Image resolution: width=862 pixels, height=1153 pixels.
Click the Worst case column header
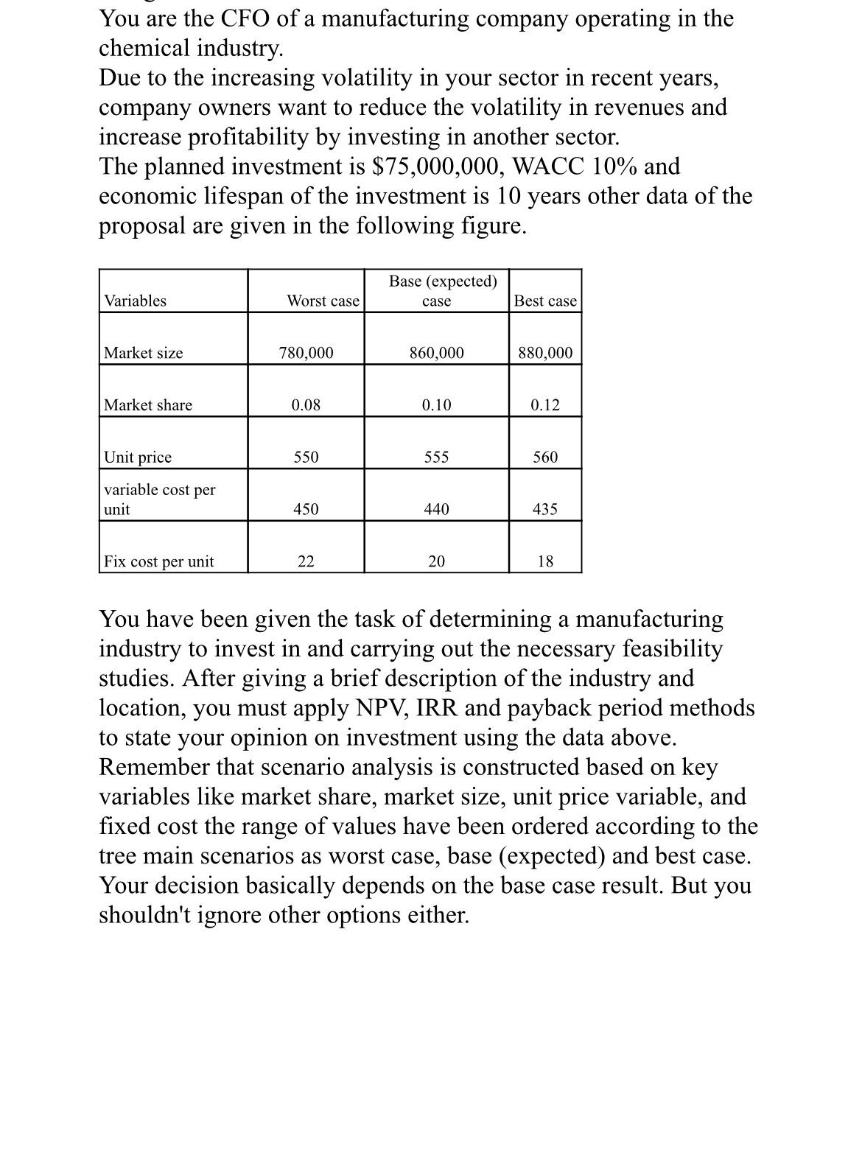(323, 301)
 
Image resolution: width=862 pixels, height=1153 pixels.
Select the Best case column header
(545, 301)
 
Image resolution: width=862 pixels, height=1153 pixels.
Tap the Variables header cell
(136, 301)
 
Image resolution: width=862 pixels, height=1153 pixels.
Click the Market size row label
(144, 353)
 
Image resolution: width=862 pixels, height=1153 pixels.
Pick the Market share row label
(148, 405)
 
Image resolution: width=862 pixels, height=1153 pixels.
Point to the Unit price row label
(138, 458)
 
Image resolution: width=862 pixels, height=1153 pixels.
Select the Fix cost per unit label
(159, 561)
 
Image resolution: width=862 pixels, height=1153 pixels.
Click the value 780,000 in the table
(306, 353)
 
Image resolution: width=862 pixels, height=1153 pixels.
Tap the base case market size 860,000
(437, 353)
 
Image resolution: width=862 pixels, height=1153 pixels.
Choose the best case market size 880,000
(545, 353)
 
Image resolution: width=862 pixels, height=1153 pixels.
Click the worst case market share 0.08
(306, 405)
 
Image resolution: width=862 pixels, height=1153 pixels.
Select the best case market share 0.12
(545, 405)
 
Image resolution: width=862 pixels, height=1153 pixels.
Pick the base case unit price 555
(437, 458)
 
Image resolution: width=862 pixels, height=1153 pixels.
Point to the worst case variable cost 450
(306, 509)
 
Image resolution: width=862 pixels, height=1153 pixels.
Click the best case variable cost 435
(545, 509)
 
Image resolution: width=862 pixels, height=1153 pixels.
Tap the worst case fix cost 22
(306, 561)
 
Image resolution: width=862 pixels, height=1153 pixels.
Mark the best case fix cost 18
(545, 561)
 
